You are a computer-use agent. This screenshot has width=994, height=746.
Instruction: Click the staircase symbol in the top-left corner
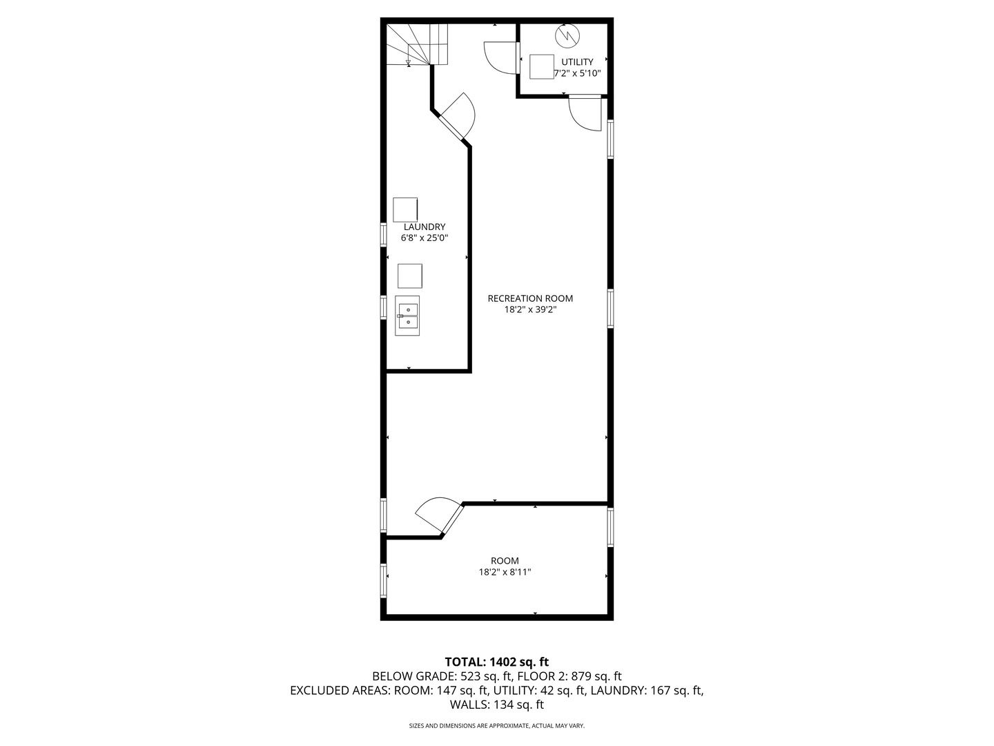pos(418,44)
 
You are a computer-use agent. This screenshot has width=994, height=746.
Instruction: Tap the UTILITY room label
pos(576,62)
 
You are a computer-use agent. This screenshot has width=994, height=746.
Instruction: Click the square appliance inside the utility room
pos(542,66)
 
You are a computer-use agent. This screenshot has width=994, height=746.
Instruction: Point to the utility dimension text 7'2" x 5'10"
pos(578,73)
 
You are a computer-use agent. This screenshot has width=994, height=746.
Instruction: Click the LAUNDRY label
pos(425,227)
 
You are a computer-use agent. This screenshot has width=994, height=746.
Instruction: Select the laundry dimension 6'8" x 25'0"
pos(425,238)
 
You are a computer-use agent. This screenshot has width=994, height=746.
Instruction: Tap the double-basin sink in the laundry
pos(407,316)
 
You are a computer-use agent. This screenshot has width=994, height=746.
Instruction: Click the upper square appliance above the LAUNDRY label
pos(405,209)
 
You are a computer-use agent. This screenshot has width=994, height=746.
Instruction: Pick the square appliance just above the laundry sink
pos(410,276)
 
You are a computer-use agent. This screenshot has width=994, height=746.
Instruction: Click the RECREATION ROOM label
pos(530,298)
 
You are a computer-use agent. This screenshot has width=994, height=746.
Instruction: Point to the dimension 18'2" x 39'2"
pos(530,310)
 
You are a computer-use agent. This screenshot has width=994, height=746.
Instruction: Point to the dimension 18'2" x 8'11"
pos(505,572)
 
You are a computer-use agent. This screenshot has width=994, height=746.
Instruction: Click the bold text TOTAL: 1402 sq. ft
pos(497,662)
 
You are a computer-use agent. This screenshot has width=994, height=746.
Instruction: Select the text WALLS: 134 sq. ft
pos(497,705)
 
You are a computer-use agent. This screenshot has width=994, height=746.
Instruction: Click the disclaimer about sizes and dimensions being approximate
pos(497,726)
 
